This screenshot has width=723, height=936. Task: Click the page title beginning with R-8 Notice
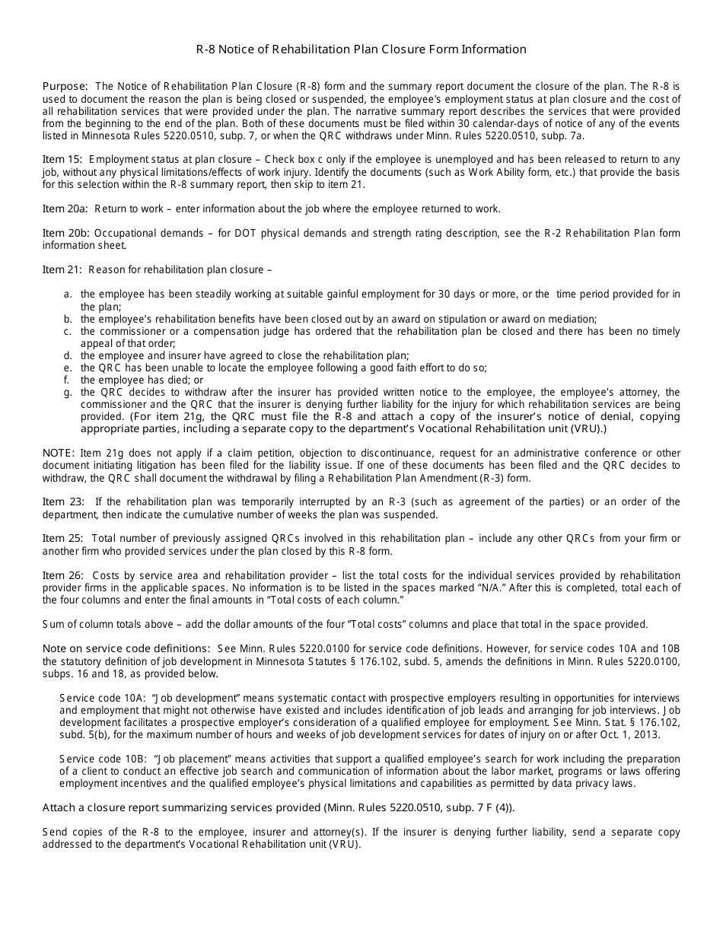click(361, 49)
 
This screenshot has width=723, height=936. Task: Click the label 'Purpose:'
click(65, 87)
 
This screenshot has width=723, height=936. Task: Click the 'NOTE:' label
click(59, 453)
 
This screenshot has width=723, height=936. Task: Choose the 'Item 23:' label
click(63, 501)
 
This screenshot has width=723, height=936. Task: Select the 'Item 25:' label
click(63, 538)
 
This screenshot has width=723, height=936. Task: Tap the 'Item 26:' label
click(63, 575)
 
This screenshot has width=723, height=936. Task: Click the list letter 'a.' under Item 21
click(68, 294)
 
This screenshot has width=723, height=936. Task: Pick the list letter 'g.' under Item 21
click(68, 393)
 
